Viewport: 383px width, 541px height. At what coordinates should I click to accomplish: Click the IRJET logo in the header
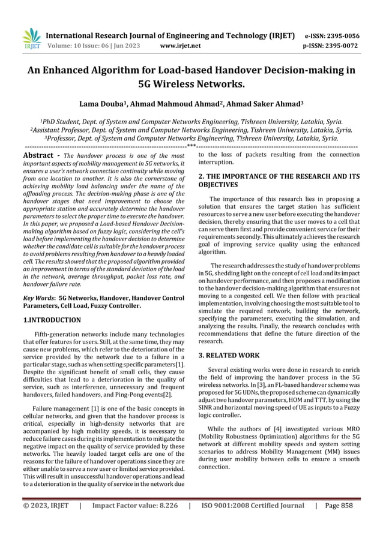click(x=32, y=38)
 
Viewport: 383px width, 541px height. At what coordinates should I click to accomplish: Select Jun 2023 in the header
click(x=130, y=45)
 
